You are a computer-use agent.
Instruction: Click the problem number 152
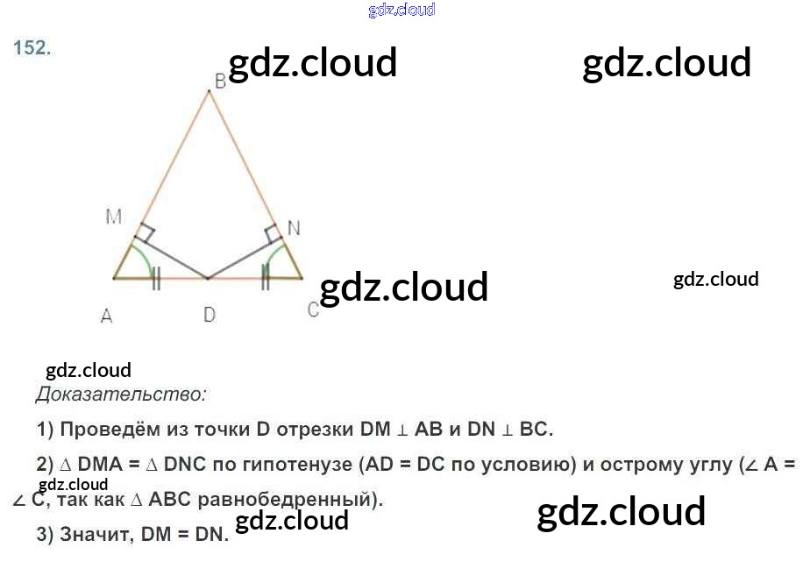tap(32, 49)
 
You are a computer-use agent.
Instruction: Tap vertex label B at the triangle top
tap(220, 81)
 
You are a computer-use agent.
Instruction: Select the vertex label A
tap(106, 316)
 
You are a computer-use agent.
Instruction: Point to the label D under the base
tap(210, 314)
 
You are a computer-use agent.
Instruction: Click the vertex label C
tap(313, 310)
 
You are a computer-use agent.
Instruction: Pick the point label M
tap(114, 216)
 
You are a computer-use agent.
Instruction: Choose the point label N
tap(294, 228)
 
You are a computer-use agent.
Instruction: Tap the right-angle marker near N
tap(273, 233)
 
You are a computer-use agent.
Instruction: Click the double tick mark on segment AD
tap(156, 279)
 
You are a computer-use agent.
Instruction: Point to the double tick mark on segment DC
tap(266, 279)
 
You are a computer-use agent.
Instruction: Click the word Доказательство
tap(121, 395)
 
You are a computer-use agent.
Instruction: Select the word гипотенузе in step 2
tap(297, 465)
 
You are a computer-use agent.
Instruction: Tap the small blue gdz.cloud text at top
tap(401, 10)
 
